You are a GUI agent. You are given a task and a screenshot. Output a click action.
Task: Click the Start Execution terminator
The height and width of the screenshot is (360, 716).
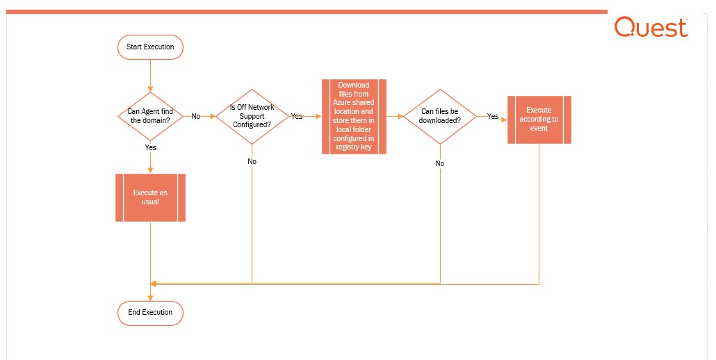click(x=150, y=47)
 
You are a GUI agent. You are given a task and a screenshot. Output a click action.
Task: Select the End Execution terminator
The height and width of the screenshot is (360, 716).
click(x=150, y=313)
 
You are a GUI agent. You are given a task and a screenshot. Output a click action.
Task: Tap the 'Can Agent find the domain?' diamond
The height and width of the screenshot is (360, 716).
click(x=150, y=116)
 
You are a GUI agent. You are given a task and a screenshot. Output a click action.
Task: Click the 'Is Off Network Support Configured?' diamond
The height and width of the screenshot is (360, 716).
click(x=252, y=116)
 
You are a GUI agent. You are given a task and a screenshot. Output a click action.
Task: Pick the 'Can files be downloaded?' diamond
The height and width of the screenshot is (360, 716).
click(x=440, y=116)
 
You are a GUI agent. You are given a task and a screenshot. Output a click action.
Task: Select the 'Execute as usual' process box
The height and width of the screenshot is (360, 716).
click(x=150, y=197)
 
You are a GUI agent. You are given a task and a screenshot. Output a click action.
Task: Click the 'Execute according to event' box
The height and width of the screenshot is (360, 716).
click(x=539, y=120)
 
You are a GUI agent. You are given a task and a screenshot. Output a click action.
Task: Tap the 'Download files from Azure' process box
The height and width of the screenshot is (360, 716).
click(x=354, y=116)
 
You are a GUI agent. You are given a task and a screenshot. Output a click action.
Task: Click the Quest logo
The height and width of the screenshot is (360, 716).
click(x=651, y=27)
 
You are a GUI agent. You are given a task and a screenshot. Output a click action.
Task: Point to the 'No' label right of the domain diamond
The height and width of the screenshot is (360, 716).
click(x=196, y=116)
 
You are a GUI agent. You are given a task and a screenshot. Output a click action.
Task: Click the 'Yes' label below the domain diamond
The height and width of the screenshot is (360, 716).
click(x=150, y=147)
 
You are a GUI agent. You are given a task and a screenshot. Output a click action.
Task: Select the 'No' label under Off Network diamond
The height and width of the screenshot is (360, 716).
click(x=252, y=161)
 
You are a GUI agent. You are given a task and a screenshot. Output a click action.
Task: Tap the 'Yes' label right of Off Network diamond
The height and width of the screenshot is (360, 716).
click(x=297, y=116)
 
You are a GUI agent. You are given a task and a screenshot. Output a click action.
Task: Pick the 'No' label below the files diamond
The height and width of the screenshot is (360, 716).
click(x=440, y=163)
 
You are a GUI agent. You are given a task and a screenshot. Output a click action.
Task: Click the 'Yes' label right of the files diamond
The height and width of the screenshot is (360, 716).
click(x=493, y=116)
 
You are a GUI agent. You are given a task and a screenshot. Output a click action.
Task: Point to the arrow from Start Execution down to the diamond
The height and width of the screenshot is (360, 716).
click(x=150, y=76)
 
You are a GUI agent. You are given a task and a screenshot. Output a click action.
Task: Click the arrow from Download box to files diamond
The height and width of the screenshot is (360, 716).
click(x=395, y=116)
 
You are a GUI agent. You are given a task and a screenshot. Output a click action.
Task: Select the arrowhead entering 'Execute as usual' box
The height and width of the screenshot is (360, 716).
click(x=150, y=171)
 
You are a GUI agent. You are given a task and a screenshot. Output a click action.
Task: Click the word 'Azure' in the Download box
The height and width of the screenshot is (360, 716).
click(x=341, y=103)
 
